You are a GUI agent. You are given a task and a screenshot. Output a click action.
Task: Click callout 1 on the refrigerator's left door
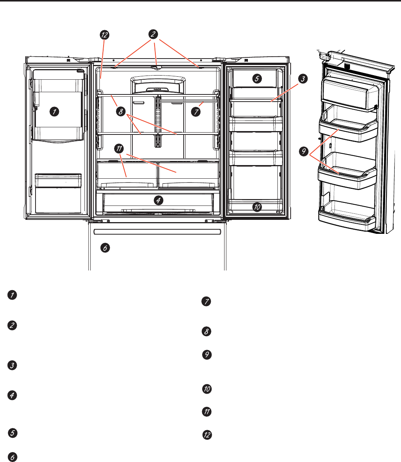55,111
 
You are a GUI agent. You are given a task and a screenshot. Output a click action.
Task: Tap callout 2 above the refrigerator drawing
153,34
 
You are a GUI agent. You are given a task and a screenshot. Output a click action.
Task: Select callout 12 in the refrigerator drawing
104,35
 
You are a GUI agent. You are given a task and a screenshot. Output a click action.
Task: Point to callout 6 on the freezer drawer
105,248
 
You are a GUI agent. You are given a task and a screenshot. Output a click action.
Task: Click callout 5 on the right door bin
257,79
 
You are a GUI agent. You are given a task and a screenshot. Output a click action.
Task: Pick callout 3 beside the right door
302,79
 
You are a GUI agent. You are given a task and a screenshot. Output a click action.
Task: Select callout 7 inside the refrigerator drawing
195,112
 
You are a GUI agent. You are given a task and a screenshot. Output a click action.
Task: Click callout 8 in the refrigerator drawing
121,112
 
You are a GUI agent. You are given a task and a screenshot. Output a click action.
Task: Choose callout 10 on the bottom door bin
257,207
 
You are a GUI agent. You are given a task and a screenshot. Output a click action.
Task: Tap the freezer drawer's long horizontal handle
157,231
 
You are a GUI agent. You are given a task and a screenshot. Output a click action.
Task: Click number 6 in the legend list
12,456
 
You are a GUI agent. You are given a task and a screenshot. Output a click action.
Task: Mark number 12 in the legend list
207,435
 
